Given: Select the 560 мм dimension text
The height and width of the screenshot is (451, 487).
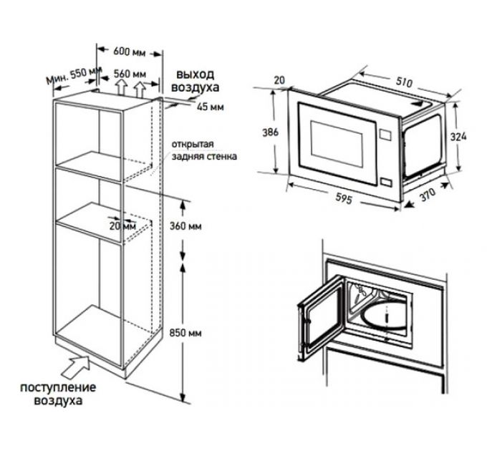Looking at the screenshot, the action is pos(130,74).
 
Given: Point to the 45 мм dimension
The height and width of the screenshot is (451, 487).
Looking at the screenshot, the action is pos(211,107).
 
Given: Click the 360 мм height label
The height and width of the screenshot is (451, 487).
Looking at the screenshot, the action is pos(185,226).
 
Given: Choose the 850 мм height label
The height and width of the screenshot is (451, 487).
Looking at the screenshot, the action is pos(185,333).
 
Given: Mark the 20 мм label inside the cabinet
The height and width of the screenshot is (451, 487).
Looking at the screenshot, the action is pos(122,225).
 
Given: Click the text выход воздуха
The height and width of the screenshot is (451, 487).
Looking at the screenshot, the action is pos(196,81).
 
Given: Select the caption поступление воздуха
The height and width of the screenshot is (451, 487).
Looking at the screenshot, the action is pos(58,394).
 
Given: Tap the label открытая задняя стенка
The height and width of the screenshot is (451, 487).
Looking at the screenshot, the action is pos(204,150).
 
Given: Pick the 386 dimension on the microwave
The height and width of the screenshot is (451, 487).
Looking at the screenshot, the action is pos(270,132).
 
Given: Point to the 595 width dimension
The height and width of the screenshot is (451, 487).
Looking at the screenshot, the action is pos(344,198).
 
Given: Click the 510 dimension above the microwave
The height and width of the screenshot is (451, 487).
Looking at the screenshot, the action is pos(405,82).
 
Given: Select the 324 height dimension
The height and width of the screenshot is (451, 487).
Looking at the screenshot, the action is pos(458,137).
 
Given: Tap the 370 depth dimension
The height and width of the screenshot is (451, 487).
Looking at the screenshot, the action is pos(428,194).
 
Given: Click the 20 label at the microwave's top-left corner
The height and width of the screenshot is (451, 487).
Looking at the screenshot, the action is pos(279,80).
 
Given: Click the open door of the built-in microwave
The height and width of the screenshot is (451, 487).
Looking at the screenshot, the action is pos(321,317).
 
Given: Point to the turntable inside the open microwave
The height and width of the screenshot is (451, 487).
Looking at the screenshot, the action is pos(383,315).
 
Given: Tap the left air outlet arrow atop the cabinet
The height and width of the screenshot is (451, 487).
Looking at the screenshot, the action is pos(122,87).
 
